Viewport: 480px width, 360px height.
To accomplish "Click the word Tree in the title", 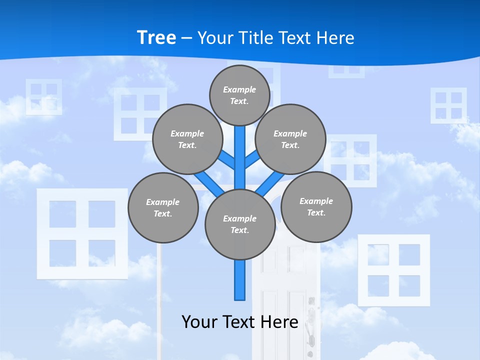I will tap(156, 37).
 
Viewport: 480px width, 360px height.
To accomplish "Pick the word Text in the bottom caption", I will tap(239, 322).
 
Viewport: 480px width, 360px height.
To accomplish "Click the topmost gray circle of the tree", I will tap(239, 95).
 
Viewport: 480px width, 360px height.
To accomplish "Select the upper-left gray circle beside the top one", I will tap(187, 139).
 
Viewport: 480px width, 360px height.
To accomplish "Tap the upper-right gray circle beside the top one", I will tap(290, 139).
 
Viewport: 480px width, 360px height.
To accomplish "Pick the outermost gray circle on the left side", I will tap(163, 207).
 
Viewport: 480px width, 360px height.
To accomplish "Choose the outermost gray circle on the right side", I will tap(316, 206).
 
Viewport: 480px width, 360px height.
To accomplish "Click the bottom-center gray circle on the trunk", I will tap(240, 224).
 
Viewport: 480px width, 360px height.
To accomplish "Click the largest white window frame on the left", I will tap(82, 233).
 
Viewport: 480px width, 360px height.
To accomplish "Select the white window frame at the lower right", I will tap(394, 270).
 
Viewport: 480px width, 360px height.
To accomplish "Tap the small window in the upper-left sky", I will tap(44, 96).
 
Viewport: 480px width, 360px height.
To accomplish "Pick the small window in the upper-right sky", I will tap(448, 105).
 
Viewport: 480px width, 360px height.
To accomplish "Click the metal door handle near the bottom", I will tap(311, 320).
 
